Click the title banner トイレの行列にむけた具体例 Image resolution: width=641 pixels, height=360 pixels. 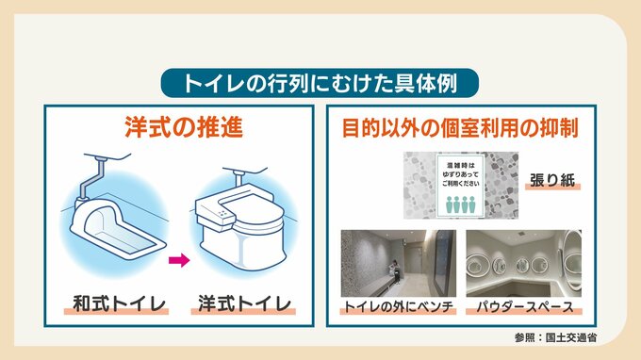(x=320, y=83)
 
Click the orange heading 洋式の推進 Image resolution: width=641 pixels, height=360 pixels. (x=184, y=127)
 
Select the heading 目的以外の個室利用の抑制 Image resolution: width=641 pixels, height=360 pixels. (x=460, y=127)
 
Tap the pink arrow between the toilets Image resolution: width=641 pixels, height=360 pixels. (x=179, y=260)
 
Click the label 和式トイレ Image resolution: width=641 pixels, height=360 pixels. (x=119, y=304)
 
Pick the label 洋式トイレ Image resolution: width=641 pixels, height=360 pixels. (x=244, y=304)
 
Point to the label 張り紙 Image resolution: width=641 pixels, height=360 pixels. (x=552, y=180)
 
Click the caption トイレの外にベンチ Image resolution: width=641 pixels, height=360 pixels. (x=398, y=306)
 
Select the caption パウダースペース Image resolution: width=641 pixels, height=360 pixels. (x=525, y=306)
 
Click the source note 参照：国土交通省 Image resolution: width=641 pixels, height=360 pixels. (x=555, y=337)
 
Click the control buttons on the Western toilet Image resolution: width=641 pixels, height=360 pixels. (x=222, y=213)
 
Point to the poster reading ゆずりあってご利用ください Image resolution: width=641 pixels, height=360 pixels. (x=460, y=186)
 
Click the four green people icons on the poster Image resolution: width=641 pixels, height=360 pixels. (x=460, y=205)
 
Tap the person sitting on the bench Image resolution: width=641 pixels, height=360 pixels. (x=394, y=270)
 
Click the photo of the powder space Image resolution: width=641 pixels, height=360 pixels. (x=524, y=263)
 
